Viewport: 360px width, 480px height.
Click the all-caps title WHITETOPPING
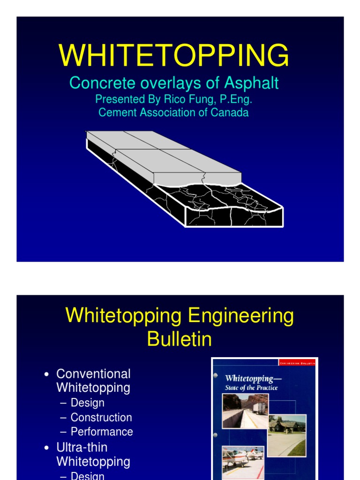pyautogui.click(x=174, y=55)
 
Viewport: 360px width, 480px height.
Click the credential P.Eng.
pyautogui.click(x=237, y=99)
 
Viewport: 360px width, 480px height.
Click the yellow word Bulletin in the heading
pyautogui.click(x=180, y=339)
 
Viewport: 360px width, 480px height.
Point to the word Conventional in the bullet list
pyautogui.click(x=93, y=374)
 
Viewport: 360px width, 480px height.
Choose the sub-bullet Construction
pyautogui.click(x=101, y=417)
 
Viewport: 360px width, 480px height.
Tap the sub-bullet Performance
pyautogui.click(x=102, y=432)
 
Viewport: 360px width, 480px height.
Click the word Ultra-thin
pyautogui.click(x=82, y=447)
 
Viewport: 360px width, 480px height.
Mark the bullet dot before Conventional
pyautogui.click(x=46, y=375)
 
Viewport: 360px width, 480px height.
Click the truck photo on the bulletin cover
pyautogui.click(x=246, y=410)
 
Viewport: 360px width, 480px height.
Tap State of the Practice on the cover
pyautogui.click(x=251, y=388)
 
